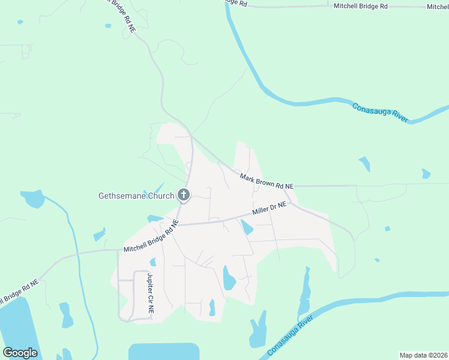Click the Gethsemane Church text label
point(136,196)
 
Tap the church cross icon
point(184,195)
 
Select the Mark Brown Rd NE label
point(267,181)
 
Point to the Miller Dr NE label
point(270,208)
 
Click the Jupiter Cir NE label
point(151,295)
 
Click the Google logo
point(20,352)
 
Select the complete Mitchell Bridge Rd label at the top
point(361,5)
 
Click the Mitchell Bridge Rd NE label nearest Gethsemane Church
point(151,237)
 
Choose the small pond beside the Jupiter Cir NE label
point(153,262)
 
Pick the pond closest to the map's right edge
point(426,174)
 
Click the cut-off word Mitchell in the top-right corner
point(438,7)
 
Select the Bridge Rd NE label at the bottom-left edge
point(18,290)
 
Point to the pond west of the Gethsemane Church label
point(32,198)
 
